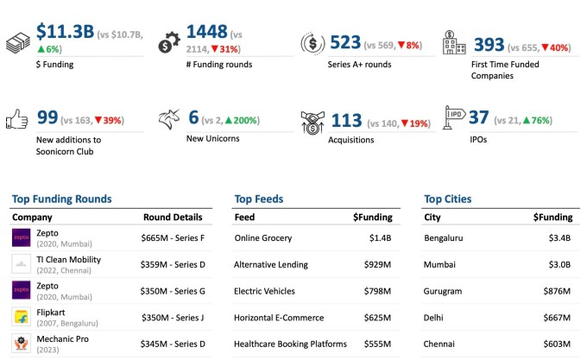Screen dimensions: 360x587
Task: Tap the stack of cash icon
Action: coord(18,43)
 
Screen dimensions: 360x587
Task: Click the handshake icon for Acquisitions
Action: coord(312,122)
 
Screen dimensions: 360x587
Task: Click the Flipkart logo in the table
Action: coord(21,317)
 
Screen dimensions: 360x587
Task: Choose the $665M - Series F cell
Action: coord(172,238)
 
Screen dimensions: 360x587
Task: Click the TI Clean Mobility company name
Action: coord(68,259)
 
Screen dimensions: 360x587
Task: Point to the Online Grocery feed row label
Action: coord(263,237)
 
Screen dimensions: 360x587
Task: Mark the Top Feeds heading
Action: coord(258,199)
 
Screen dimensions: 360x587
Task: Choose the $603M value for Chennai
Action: coord(554,344)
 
